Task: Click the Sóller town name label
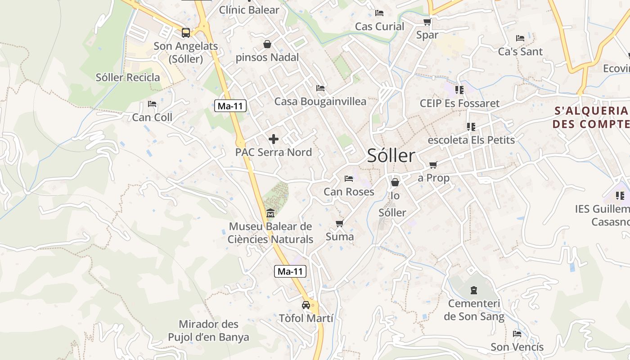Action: coord(391,156)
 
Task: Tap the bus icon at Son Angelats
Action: coord(185,33)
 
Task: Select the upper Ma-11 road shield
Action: coord(230,106)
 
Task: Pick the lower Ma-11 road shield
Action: coord(290,271)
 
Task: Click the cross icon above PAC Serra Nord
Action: coord(273,139)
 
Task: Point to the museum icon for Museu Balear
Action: coord(270,213)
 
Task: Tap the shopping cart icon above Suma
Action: coord(339,224)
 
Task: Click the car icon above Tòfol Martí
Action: coord(306,305)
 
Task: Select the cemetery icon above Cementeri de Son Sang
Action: coord(474,290)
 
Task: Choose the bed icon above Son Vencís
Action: coord(517,334)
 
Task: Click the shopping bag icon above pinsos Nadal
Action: coord(267,44)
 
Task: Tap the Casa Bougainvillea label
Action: coord(320,102)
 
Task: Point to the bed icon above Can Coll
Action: coord(152,104)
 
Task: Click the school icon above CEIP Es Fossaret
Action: coord(459,90)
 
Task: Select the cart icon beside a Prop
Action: coord(433,165)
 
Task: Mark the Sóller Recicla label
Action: coord(128,77)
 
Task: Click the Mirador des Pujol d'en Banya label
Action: coord(208,331)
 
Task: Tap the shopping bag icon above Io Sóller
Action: coord(395,182)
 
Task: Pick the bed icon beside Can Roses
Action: coord(349,179)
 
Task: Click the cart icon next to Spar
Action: coord(427,22)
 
